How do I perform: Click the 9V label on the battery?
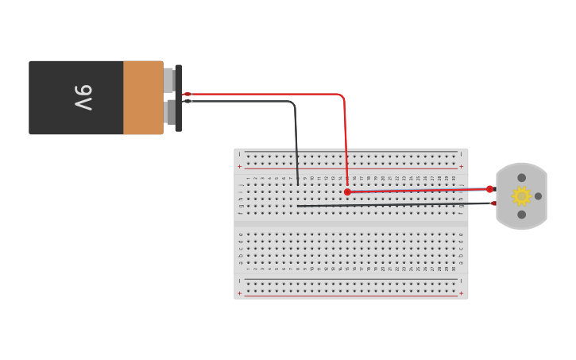83,98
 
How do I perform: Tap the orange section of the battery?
143,98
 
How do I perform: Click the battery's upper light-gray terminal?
168,80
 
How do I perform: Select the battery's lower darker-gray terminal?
170,112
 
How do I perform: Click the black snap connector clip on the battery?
179,98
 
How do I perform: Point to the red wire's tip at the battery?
187,94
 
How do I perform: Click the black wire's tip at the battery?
187,101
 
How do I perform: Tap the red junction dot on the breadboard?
347,192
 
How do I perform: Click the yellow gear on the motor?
521,195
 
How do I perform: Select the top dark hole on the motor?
521,178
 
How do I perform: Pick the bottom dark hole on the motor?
521,215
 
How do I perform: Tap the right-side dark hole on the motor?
538,196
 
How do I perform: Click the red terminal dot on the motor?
490,189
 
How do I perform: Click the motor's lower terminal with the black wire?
493,203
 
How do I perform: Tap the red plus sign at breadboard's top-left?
240,166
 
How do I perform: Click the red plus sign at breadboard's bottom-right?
461,293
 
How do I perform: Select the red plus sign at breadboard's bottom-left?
240,293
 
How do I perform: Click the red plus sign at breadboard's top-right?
461,166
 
